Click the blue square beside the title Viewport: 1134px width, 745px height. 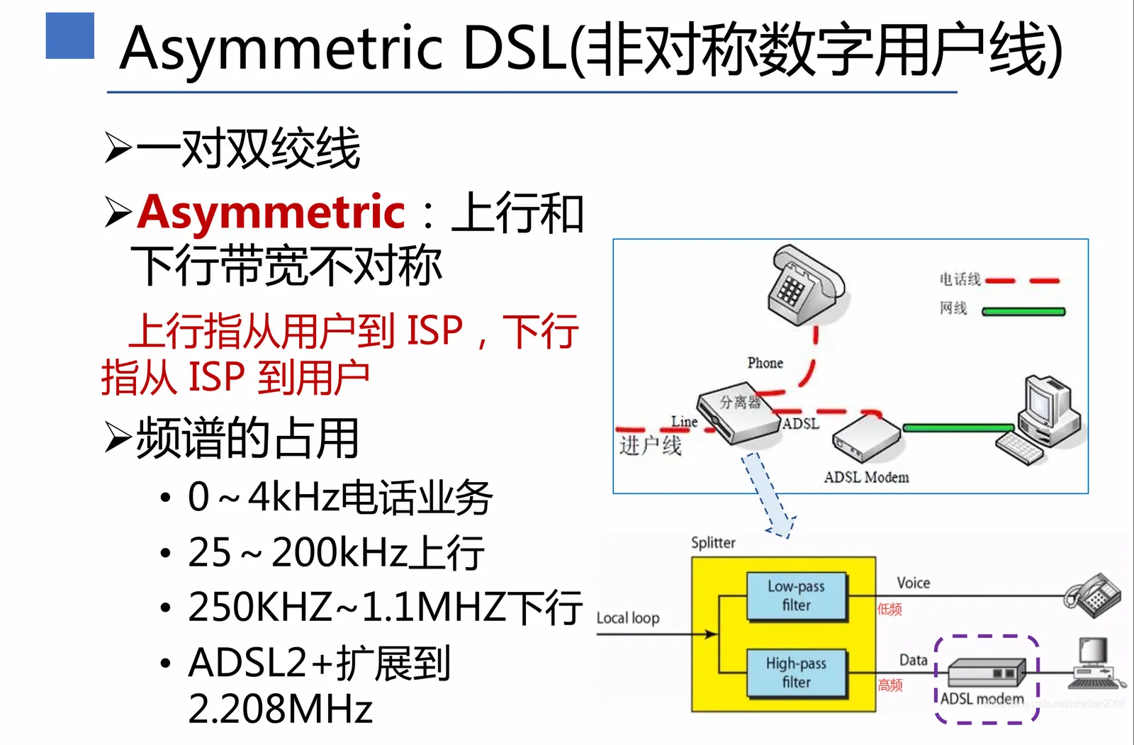(x=69, y=35)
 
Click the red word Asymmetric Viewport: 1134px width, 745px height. (x=271, y=211)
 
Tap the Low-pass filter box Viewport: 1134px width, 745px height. (x=796, y=595)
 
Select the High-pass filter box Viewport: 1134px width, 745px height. (x=796, y=673)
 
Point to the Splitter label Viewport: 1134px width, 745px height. (x=713, y=543)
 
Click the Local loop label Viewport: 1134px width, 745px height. (x=627, y=618)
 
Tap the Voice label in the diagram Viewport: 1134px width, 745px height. (x=913, y=583)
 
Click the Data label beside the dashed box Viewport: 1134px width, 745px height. (x=913, y=660)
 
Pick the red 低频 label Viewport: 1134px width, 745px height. (x=889, y=609)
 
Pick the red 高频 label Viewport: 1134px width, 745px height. (x=890, y=685)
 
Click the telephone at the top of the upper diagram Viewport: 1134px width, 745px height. (x=806, y=284)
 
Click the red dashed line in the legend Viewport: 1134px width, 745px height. (x=1022, y=281)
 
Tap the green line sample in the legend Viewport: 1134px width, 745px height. (x=1023, y=310)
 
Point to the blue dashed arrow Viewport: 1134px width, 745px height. (x=769, y=496)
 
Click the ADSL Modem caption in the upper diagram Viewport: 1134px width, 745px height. (x=866, y=477)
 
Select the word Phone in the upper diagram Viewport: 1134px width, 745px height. (x=765, y=363)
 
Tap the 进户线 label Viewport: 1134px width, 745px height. (x=650, y=445)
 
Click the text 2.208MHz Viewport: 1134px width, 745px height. (x=281, y=708)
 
